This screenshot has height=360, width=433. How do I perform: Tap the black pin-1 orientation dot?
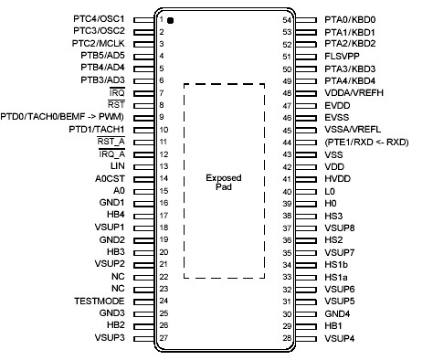(171, 19)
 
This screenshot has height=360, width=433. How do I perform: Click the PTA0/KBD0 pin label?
(350, 18)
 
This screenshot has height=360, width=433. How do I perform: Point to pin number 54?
(287, 18)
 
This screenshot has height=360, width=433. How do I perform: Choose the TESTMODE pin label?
(100, 301)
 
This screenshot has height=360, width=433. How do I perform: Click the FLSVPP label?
(342, 56)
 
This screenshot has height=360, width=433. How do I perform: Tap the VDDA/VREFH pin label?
(355, 92)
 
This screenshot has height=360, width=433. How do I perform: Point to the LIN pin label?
(117, 166)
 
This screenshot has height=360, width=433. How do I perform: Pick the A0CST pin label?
(110, 178)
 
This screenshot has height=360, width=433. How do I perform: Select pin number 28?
(287, 338)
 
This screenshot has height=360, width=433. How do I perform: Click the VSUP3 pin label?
(110, 338)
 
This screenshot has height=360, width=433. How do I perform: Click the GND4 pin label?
(336, 313)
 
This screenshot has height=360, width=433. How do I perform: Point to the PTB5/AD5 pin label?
(103, 56)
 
